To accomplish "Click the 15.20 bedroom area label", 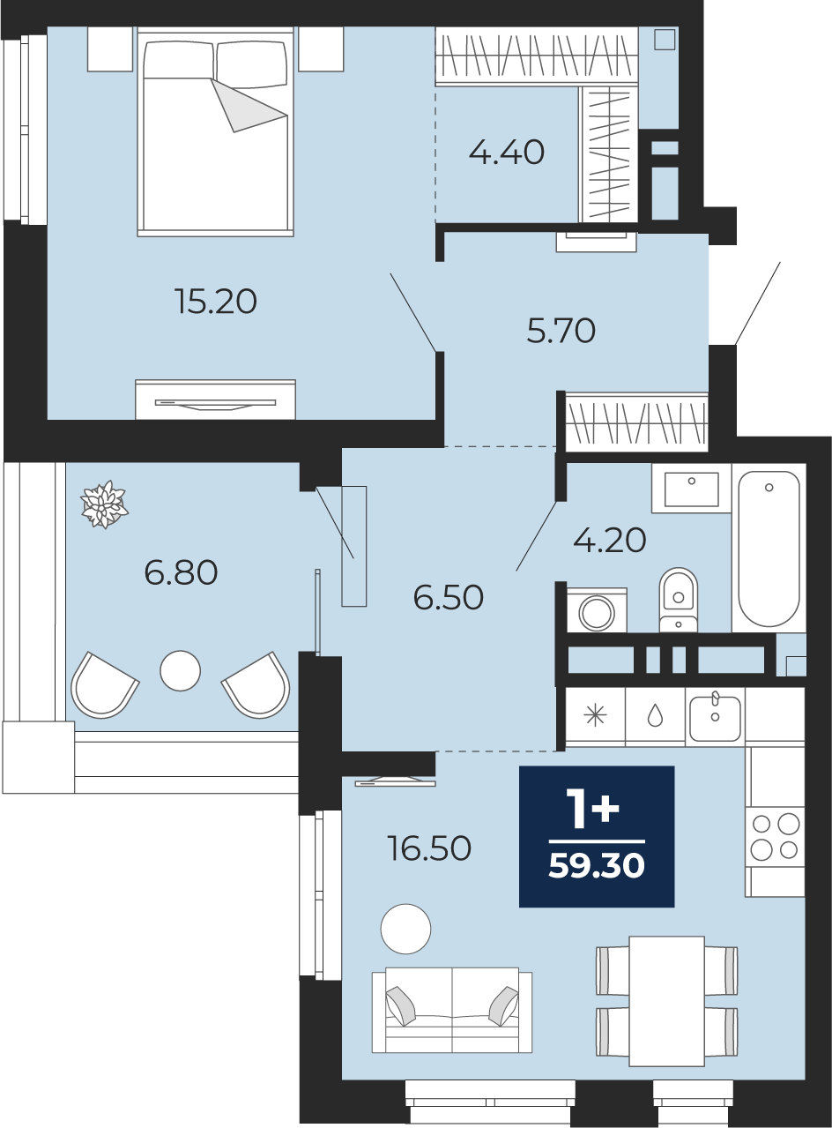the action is [x=216, y=301].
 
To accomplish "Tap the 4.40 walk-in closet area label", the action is [x=507, y=152].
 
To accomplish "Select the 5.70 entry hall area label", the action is [x=561, y=330].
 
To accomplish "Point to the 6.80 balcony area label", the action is [x=181, y=572].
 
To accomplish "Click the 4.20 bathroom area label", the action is [x=609, y=540].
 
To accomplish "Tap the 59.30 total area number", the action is [x=597, y=865].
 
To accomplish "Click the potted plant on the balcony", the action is [x=104, y=504].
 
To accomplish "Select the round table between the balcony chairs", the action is [x=181, y=671].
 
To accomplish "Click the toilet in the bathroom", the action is [x=678, y=600].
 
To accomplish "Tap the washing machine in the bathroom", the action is [x=596, y=610].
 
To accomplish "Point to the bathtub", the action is [x=769, y=549].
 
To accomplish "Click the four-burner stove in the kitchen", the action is [x=775, y=837].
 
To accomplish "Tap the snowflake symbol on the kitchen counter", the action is [x=595, y=716].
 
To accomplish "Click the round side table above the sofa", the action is [x=405, y=929].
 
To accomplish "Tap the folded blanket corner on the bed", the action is [x=249, y=105].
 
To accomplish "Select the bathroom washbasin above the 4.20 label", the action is [x=691, y=489].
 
